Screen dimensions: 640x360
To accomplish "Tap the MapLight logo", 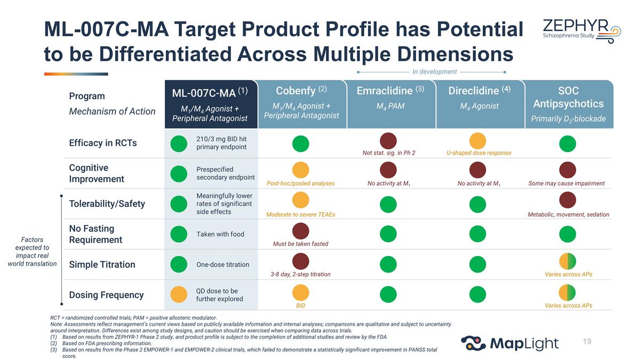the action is coord(510,343).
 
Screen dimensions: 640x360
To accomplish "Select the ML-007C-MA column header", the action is coord(211,105).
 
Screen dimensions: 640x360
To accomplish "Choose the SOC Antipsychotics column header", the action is coord(569,105).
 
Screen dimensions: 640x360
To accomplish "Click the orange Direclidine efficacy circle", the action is coord(477,141).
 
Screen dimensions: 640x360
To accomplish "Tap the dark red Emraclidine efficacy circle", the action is coord(388,141).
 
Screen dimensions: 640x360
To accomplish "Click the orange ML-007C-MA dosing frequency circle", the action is coord(179,294).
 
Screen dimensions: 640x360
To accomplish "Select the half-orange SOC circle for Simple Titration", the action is coord(567,261).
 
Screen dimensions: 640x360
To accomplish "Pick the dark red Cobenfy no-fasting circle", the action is coord(301,231).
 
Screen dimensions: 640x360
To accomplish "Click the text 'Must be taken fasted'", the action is coord(301,244).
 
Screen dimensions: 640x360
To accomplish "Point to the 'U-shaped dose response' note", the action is coord(479,153).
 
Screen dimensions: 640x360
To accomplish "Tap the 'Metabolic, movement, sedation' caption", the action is coord(569,214).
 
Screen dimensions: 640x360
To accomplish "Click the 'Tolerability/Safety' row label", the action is coord(107,204).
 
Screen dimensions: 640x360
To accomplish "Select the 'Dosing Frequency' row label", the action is coord(106,295).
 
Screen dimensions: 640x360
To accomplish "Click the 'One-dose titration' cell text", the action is coord(223,265).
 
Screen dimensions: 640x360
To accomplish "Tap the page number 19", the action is coord(587,341).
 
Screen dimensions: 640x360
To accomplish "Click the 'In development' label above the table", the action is coord(434,71).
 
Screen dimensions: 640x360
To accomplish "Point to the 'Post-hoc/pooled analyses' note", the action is coord(301,183).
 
